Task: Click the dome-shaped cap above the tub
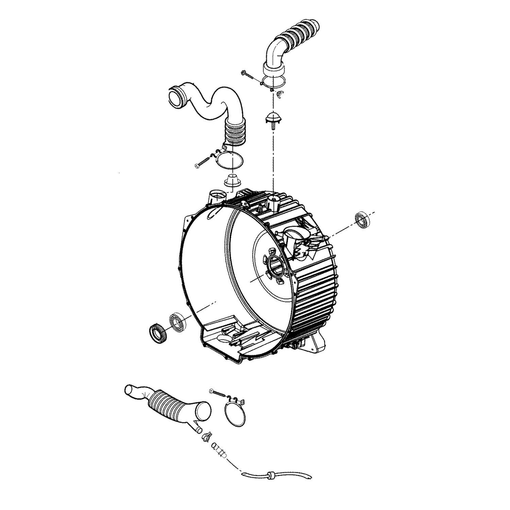pyautogui.click(x=272, y=117)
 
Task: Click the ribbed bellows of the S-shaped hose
pyautogui.click(x=233, y=136)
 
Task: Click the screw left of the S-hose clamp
pyautogui.click(x=203, y=162)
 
